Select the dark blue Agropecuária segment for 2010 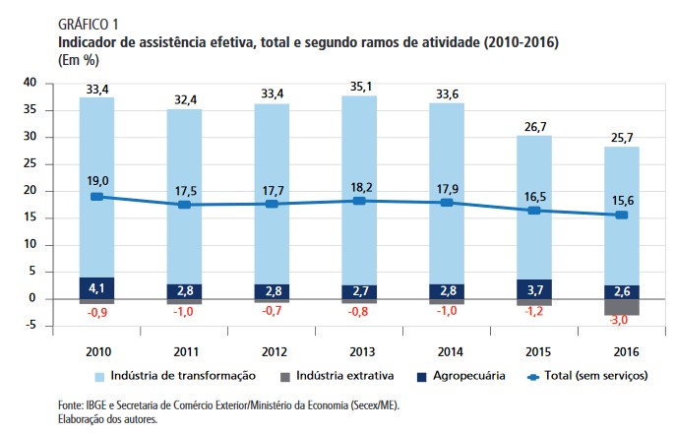click(95, 288)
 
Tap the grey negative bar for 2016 click(622, 307)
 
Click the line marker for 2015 click(534, 211)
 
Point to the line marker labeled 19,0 click(95, 197)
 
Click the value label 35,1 click(359, 86)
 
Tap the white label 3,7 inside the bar click(534, 289)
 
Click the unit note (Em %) click(52, 61)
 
